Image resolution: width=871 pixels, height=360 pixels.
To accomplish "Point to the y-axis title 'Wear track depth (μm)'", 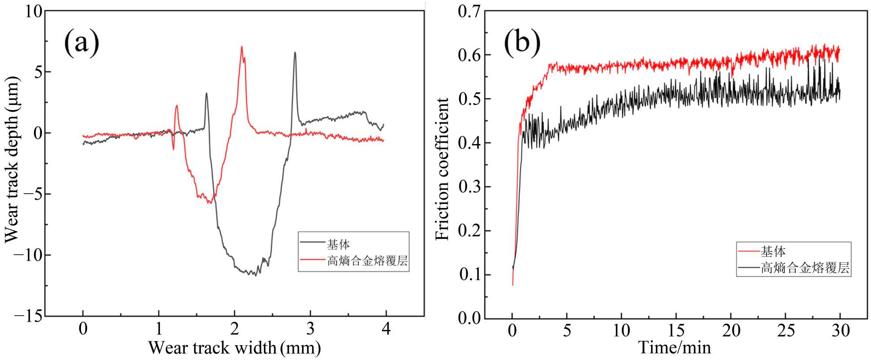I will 12,159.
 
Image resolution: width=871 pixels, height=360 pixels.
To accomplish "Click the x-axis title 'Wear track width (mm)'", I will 234,348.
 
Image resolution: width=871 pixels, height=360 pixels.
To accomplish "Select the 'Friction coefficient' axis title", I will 442,169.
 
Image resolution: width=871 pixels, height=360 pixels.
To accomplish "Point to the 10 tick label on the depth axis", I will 33,11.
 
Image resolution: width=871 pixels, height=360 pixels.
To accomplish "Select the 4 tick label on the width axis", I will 386,329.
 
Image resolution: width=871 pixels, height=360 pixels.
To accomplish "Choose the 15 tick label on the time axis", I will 676,331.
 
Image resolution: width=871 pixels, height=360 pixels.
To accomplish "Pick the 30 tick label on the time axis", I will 840,331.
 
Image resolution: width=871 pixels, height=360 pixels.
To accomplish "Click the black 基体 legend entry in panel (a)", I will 338,244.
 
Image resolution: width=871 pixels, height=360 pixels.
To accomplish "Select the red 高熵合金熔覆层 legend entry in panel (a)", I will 367,261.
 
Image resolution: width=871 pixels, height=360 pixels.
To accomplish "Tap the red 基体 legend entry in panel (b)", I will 773,251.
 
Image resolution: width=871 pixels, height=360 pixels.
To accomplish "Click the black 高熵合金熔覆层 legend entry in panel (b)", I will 805,268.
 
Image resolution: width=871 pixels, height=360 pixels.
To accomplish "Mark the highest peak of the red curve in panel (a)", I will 241,47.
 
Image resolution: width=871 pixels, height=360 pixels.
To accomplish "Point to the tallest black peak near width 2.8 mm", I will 295,53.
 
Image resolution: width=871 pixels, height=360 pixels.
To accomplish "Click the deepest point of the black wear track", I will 256,276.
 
